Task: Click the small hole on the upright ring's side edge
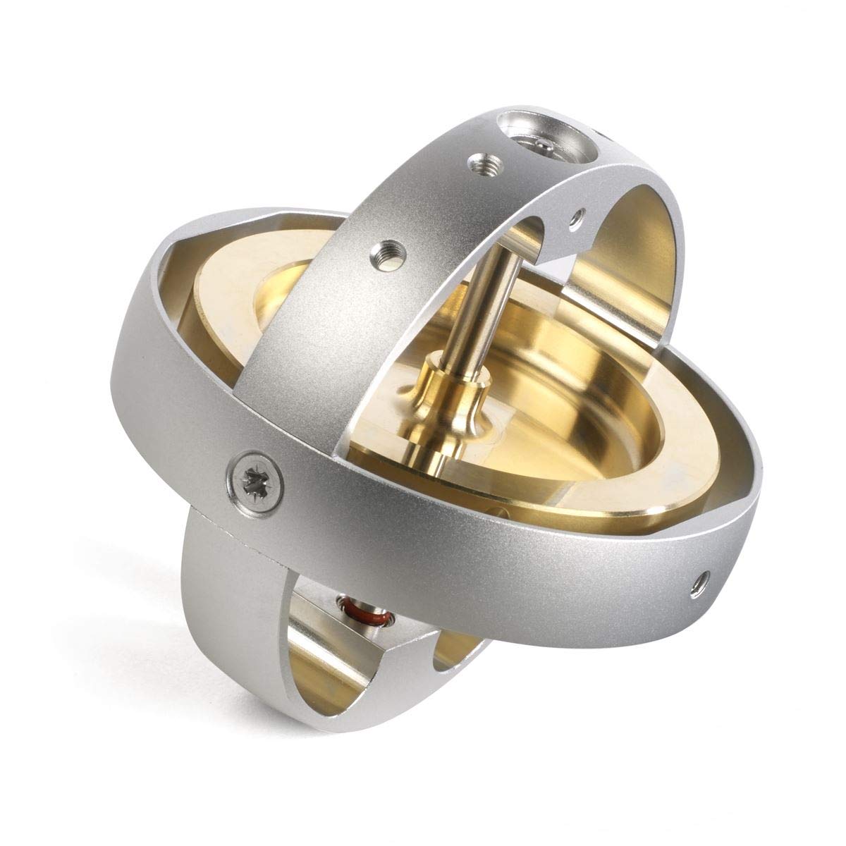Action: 580,216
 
